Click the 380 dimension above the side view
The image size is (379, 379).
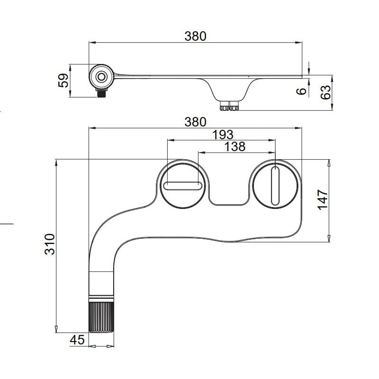click(x=195, y=36)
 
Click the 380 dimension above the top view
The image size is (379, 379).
click(x=195, y=122)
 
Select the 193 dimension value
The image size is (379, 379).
click(x=223, y=135)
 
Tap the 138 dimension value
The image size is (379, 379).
click(x=235, y=146)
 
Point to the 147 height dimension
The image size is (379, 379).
click(x=323, y=199)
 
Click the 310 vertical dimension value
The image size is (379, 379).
click(x=50, y=244)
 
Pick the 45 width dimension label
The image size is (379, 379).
click(x=77, y=340)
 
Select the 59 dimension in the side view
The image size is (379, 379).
click(x=63, y=81)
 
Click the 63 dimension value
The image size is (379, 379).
click(x=325, y=92)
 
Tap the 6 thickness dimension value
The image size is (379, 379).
click(x=301, y=91)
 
